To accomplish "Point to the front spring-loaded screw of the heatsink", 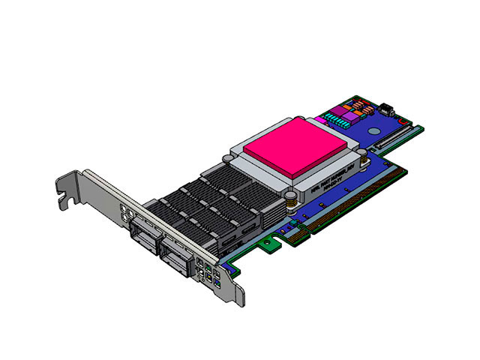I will (286, 199).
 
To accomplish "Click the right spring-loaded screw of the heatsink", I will (361, 155).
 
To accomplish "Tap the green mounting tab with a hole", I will (264, 243).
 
